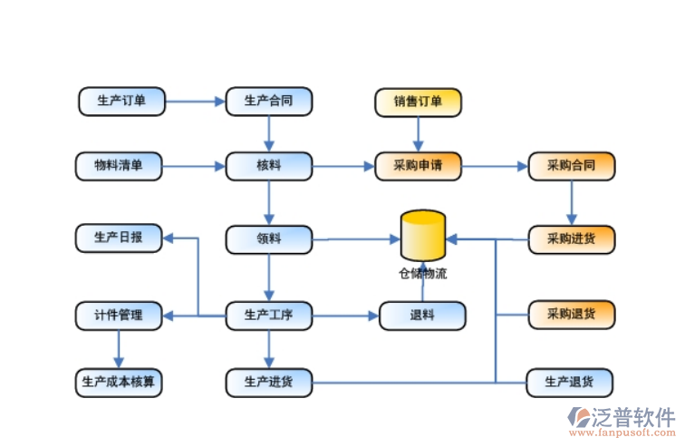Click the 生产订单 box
click(x=121, y=101)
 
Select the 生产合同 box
click(x=269, y=101)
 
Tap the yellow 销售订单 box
click(x=418, y=102)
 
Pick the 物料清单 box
click(x=119, y=166)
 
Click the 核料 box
click(x=269, y=166)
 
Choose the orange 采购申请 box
click(x=418, y=166)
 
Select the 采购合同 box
click(x=571, y=166)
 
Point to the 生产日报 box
click(x=119, y=238)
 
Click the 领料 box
click(x=269, y=239)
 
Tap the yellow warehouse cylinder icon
click(x=423, y=236)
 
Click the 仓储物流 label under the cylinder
click(x=423, y=273)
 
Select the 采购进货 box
click(x=571, y=239)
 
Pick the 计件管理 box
click(x=119, y=316)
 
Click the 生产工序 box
click(x=269, y=316)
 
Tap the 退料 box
click(x=422, y=316)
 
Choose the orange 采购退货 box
click(x=571, y=315)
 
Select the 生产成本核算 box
click(x=119, y=382)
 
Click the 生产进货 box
click(x=269, y=382)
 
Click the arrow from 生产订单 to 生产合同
click(x=195, y=101)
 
